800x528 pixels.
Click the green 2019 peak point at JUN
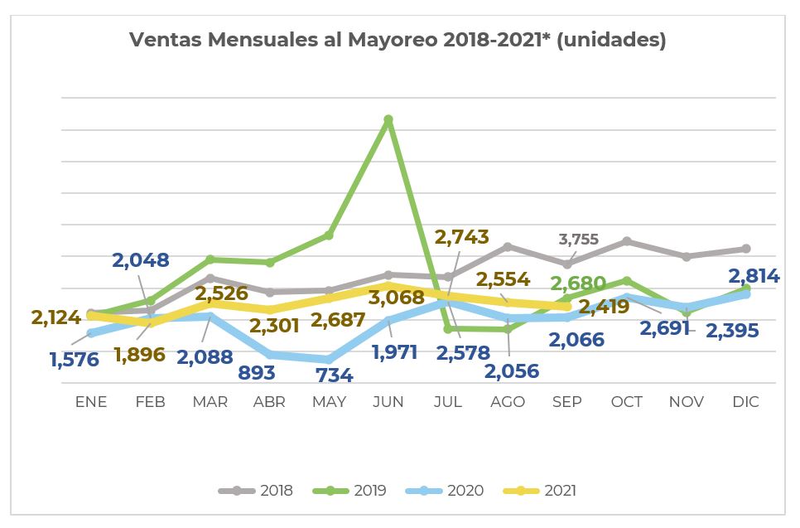(x=388, y=119)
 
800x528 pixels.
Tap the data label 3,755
(x=578, y=240)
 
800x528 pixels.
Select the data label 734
(x=334, y=375)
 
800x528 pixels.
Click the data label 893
(x=257, y=372)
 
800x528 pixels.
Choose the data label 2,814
(x=754, y=276)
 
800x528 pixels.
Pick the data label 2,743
(x=461, y=237)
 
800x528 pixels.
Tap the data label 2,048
(x=141, y=260)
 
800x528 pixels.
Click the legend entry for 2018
(x=256, y=491)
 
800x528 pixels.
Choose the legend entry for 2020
(x=445, y=491)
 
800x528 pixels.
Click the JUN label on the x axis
(x=388, y=402)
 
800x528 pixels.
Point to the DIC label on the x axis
(x=745, y=402)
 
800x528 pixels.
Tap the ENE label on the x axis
(x=91, y=402)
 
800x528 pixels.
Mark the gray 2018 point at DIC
(x=746, y=249)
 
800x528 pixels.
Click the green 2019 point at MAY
(x=329, y=235)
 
